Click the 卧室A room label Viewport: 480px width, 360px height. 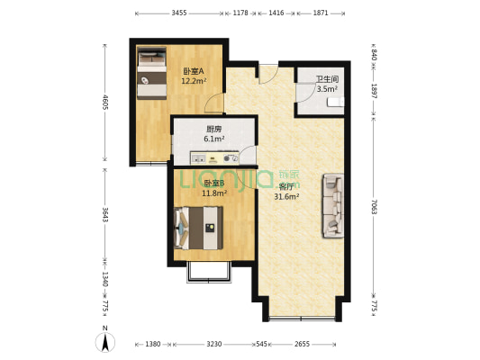click(194, 71)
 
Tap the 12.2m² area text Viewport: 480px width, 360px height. click(194, 81)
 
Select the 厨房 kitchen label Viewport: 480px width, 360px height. click(213, 129)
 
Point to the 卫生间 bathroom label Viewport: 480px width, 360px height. click(326, 79)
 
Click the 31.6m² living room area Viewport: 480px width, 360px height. click(286, 196)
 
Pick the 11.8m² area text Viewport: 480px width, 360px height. click(213, 192)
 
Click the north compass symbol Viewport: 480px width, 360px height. click(105, 342)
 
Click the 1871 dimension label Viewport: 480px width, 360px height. click(321, 13)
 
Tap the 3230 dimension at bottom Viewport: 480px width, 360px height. click(213, 344)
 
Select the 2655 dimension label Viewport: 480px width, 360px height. click(301, 344)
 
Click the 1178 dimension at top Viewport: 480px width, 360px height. click(240, 13)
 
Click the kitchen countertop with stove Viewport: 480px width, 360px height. click(215, 157)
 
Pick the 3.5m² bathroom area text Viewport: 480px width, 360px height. click(326, 89)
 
